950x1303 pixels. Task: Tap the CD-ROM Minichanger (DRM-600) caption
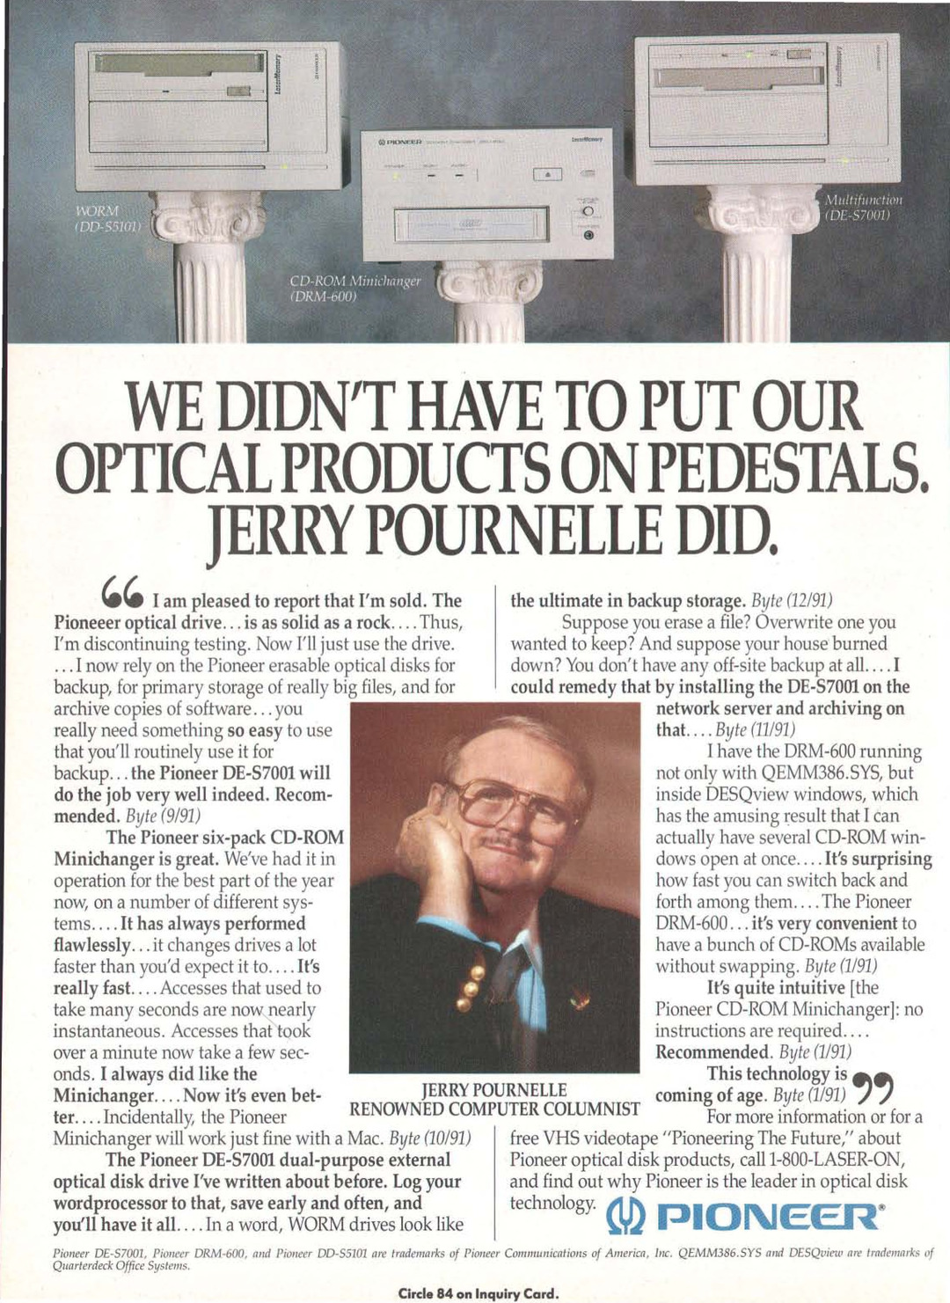(x=355, y=288)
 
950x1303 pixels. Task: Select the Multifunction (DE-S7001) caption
(x=862, y=208)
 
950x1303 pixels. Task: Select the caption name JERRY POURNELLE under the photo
(x=494, y=1091)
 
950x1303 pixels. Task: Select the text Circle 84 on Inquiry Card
(x=478, y=1292)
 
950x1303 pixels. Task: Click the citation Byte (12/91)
(x=792, y=601)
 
